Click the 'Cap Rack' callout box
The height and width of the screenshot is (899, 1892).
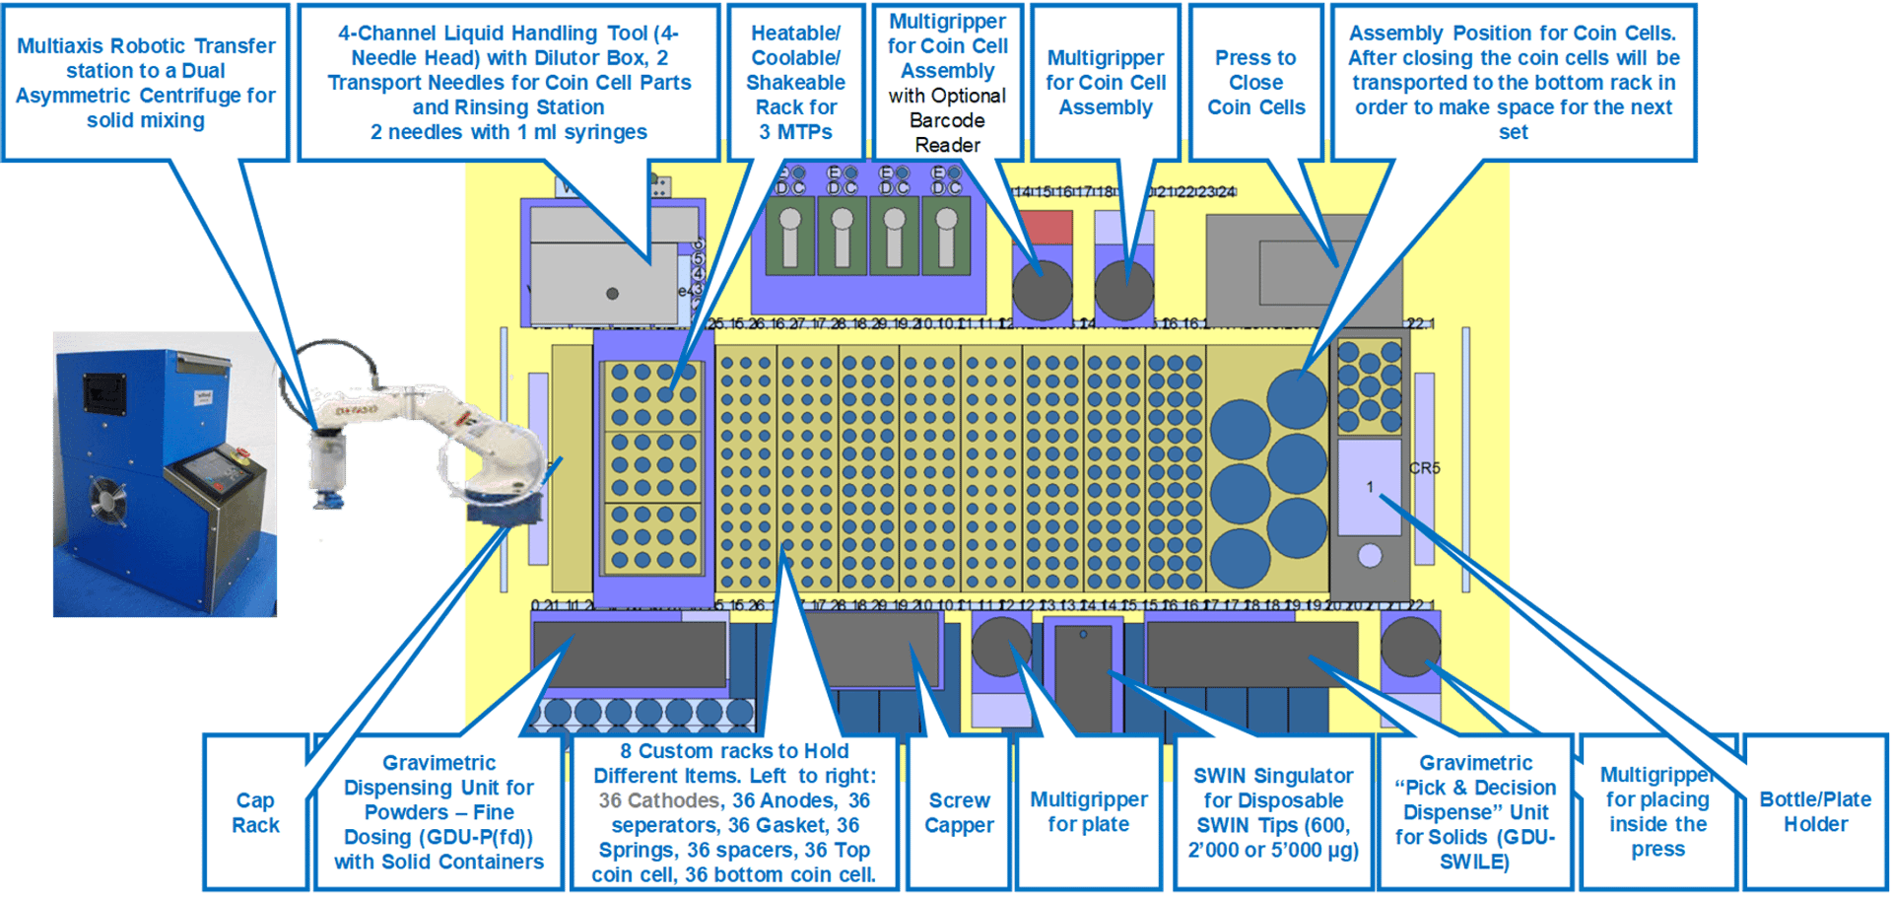tap(255, 812)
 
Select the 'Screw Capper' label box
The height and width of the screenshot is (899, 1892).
tap(959, 812)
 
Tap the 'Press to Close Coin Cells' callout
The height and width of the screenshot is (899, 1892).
tap(1255, 83)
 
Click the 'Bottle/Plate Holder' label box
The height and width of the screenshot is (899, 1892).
tap(1814, 812)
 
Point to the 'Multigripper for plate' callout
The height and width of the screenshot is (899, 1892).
tap(1088, 812)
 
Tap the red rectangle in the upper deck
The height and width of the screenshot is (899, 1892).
tap(1043, 227)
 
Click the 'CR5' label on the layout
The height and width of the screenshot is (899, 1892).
tap(1424, 468)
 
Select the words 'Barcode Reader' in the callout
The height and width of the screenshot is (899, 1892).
tap(946, 133)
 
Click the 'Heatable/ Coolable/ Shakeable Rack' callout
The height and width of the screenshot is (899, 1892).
tap(795, 83)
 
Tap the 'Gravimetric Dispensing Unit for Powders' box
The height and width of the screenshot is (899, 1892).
tap(439, 812)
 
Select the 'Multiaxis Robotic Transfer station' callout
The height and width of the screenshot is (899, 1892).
tap(146, 83)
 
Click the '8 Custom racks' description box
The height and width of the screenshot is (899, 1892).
tap(733, 812)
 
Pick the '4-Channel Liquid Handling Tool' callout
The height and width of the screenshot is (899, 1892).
tap(508, 83)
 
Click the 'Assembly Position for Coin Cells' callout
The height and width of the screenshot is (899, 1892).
tap(1513, 83)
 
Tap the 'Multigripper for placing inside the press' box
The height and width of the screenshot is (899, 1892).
tap(1657, 812)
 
